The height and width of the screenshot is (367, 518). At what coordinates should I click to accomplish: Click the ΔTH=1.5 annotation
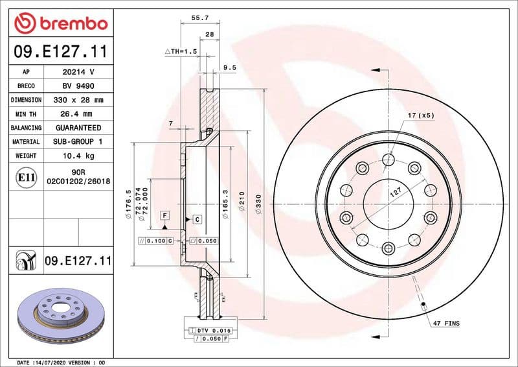tap(179, 51)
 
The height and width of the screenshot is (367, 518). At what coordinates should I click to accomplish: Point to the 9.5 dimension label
tap(229, 67)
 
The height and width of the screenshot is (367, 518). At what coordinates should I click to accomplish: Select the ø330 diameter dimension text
tap(258, 204)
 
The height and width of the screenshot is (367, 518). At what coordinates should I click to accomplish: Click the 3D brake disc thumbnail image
tap(56, 313)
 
